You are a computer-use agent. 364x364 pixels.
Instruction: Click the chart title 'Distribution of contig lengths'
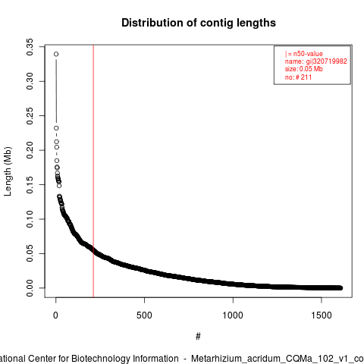pos(199,23)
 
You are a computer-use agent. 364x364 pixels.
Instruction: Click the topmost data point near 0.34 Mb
pos(56,54)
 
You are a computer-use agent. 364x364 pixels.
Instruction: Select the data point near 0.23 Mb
pos(56,128)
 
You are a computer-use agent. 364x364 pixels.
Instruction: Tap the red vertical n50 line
pos(93,171)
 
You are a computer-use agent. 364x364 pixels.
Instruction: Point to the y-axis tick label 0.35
pos(30,47)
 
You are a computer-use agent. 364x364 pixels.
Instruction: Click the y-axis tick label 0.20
pos(30,150)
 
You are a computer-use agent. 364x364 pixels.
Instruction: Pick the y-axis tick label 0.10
pos(30,219)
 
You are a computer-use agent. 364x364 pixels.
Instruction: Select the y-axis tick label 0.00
pos(30,288)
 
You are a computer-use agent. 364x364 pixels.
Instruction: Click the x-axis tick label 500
pos(144,315)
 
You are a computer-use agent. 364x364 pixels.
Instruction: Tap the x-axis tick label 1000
pos(233,315)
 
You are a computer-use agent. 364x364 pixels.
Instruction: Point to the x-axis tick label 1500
pos(322,315)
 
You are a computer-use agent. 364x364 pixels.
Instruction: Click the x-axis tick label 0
pos(55,315)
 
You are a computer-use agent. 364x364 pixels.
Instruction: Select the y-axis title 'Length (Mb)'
pos(8,171)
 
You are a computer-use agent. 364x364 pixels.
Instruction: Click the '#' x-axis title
pos(198,337)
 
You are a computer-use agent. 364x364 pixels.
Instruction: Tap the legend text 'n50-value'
pos(308,54)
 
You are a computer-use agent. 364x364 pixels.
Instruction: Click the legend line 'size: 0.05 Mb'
pos(304,69)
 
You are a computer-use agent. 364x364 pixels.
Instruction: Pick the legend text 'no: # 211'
pos(298,77)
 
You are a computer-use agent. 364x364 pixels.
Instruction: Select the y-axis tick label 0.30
pos(30,81)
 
